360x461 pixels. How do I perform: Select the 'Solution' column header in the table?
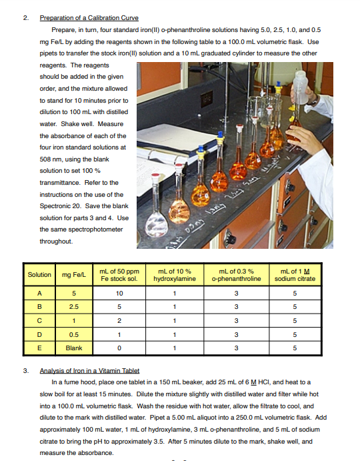point(39,275)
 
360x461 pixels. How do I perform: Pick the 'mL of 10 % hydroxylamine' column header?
point(174,275)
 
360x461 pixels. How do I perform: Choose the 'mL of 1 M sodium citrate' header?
point(295,275)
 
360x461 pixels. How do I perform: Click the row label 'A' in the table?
point(39,293)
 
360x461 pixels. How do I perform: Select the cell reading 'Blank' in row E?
point(73,348)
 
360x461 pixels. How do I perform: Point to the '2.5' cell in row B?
point(73,307)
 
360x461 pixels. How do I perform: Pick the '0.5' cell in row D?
point(73,334)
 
